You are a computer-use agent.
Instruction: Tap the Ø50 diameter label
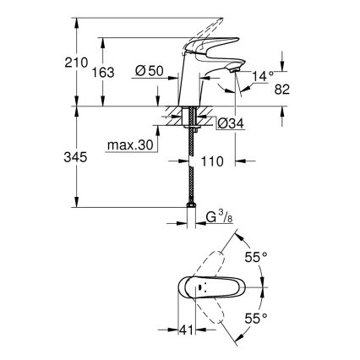coord(150,72)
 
